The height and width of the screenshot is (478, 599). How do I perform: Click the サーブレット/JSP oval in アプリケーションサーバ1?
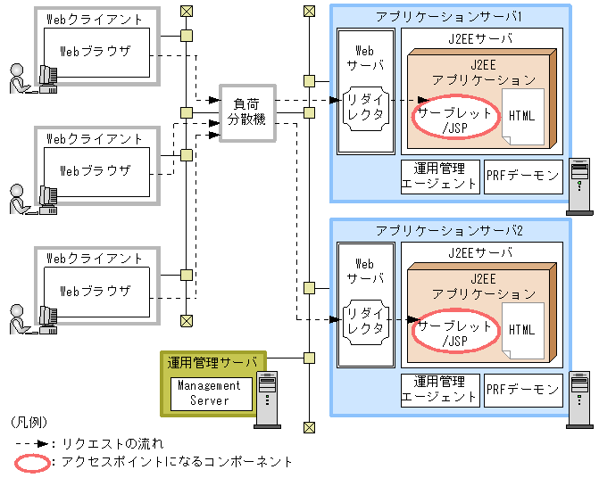click(x=454, y=120)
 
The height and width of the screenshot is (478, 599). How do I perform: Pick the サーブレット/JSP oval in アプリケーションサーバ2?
click(x=454, y=334)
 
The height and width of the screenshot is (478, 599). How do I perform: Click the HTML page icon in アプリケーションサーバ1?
click(x=522, y=117)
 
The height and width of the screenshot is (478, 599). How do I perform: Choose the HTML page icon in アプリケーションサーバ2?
click(x=522, y=330)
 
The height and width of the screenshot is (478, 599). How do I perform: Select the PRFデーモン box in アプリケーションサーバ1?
click(x=523, y=175)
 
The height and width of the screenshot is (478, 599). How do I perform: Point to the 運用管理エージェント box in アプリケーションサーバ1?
click(x=439, y=175)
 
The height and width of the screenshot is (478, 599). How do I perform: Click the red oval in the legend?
click(x=32, y=462)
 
